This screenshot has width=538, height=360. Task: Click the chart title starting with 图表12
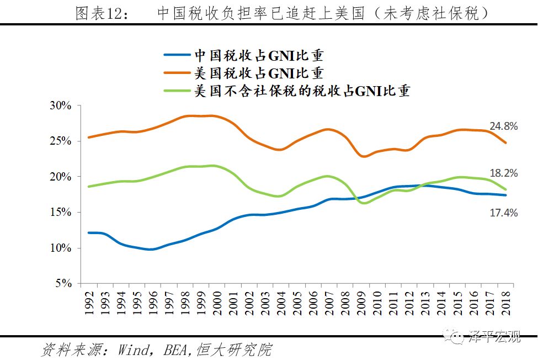282,13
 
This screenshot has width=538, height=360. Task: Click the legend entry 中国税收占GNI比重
258,55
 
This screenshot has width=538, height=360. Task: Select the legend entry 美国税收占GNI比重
258,73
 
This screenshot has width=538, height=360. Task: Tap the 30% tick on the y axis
61,105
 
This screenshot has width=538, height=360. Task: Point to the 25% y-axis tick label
61,141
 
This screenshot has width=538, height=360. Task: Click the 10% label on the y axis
61,248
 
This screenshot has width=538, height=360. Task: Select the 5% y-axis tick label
63,283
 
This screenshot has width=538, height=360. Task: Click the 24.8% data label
503,126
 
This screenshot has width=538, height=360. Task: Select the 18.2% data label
503,173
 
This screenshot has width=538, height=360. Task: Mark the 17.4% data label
503,213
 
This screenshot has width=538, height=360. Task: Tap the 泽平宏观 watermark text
494,337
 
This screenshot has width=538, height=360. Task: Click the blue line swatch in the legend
178,55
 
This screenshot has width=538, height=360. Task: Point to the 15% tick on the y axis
61,212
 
